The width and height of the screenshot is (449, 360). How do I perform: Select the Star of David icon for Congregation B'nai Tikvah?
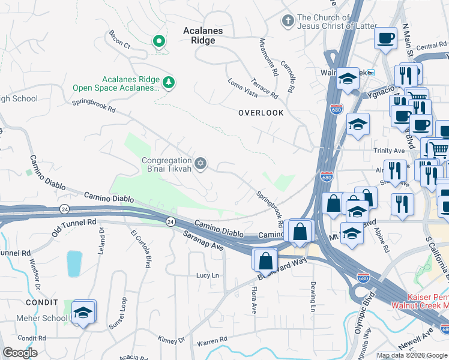[201, 163]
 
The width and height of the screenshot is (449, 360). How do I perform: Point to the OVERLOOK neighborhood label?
[261, 113]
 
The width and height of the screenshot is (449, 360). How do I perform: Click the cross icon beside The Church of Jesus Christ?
[288, 21]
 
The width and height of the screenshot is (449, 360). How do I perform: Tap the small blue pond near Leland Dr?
[74, 263]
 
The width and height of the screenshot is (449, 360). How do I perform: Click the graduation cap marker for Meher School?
[84, 312]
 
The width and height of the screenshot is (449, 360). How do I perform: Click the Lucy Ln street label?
[208, 275]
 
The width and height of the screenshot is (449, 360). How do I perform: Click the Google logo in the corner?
[20, 352]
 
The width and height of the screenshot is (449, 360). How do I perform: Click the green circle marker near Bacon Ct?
[159, 41]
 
